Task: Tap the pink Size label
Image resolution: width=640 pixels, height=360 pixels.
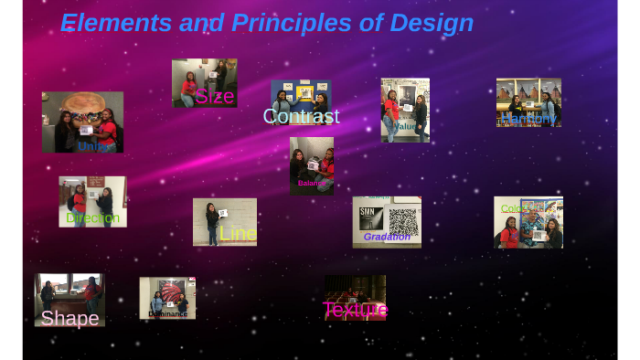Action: [215, 96]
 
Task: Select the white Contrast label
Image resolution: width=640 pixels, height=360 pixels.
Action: [301, 117]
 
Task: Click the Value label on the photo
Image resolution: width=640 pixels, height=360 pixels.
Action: [405, 127]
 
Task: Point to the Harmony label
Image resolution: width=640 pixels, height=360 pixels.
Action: [528, 119]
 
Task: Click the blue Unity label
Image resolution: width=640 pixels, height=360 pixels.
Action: [96, 146]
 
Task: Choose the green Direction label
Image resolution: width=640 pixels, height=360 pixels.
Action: [93, 218]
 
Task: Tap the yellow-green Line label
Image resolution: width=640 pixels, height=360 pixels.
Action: [238, 234]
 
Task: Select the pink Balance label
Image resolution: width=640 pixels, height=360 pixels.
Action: [312, 184]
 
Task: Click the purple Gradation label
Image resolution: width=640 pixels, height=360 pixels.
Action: [387, 237]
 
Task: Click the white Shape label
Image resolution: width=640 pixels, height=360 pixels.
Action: [69, 319]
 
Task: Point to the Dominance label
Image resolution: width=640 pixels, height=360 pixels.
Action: [168, 314]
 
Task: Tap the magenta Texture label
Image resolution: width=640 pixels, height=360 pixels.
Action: [355, 310]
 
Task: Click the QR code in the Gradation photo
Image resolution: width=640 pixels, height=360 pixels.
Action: [402, 220]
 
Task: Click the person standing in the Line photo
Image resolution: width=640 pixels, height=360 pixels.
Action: [212, 224]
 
